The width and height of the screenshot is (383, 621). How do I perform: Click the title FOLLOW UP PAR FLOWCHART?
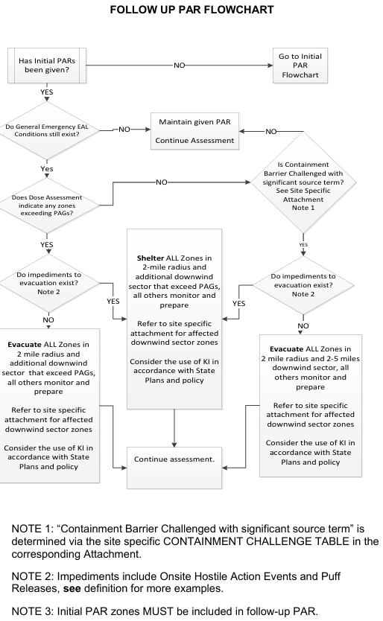point(191,11)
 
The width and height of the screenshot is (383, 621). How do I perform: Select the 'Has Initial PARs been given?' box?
point(47,66)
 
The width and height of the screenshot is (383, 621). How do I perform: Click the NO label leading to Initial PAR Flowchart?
point(179,66)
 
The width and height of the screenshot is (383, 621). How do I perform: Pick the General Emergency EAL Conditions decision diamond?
point(47,131)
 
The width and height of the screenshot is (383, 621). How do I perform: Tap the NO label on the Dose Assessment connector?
point(162,182)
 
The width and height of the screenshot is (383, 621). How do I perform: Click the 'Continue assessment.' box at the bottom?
point(174,460)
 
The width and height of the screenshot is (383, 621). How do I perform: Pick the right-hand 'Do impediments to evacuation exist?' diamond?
point(303,285)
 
